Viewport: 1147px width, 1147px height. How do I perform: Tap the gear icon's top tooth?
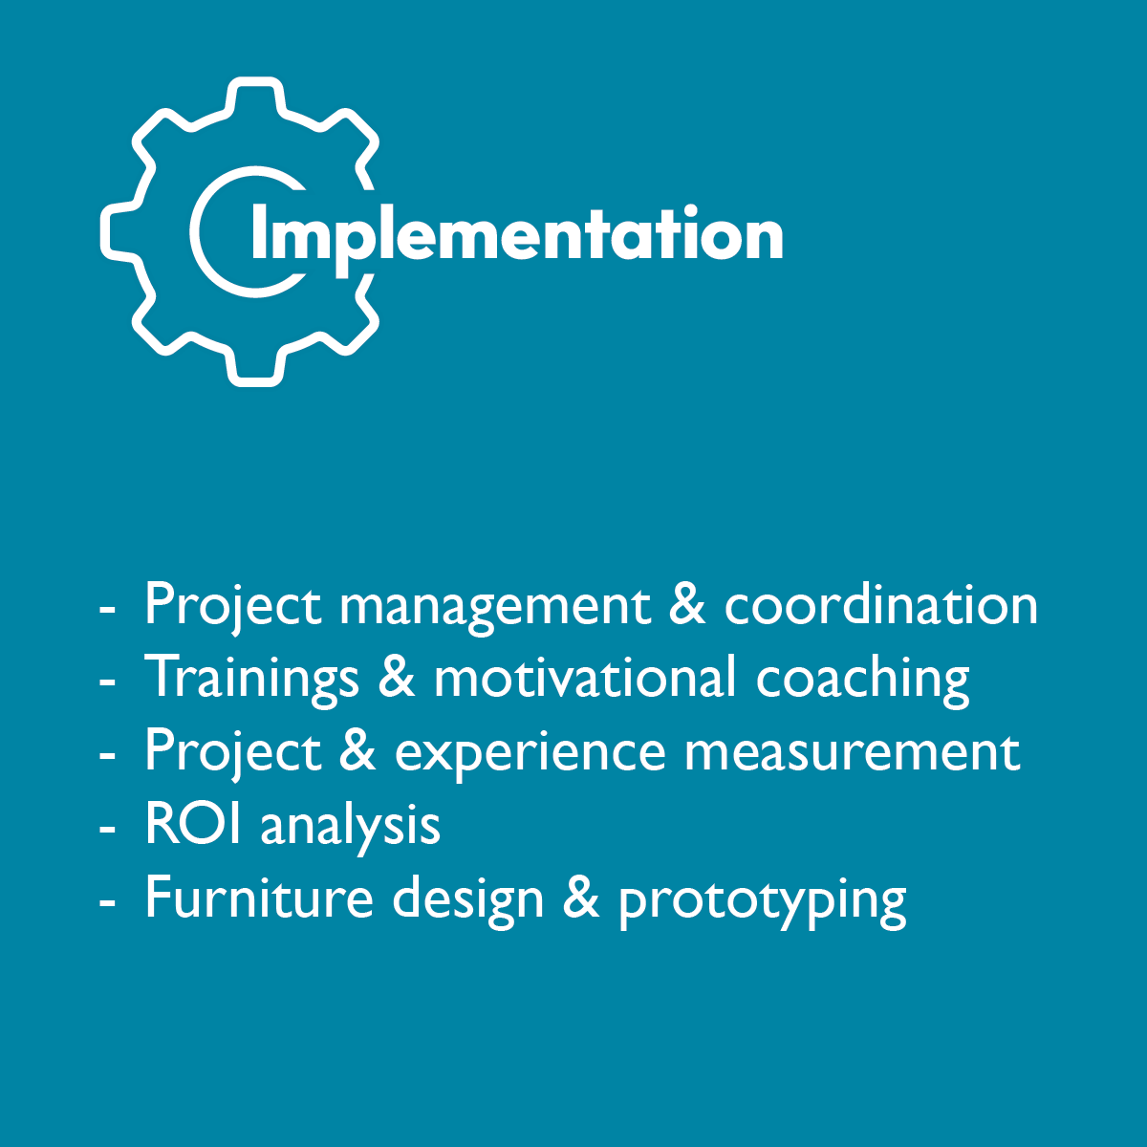[x=255, y=94]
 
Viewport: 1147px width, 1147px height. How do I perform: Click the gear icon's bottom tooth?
[x=255, y=369]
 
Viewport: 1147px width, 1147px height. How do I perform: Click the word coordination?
[x=881, y=604]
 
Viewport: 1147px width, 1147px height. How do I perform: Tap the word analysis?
[x=351, y=830]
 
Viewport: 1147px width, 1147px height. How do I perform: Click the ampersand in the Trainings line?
[x=397, y=677]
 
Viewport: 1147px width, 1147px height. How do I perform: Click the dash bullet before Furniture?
[x=107, y=902]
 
